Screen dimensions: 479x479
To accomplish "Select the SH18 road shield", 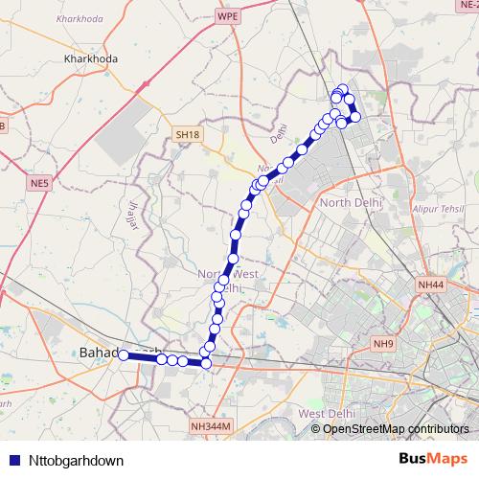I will click(188, 136).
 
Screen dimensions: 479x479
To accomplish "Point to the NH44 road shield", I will click(432, 285).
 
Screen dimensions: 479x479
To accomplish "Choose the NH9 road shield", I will click(384, 344).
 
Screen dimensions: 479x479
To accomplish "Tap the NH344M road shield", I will click(212, 426).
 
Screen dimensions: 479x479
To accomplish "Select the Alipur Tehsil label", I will click(434, 207).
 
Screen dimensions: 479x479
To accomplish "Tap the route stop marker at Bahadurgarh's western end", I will click(124, 355).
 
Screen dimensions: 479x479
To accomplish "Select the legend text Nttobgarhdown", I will click(70, 460).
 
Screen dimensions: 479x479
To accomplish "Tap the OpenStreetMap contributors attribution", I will click(397, 428).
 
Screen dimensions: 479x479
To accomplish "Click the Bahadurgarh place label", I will click(98, 354).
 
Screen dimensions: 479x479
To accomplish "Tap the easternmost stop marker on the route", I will click(355, 117).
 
